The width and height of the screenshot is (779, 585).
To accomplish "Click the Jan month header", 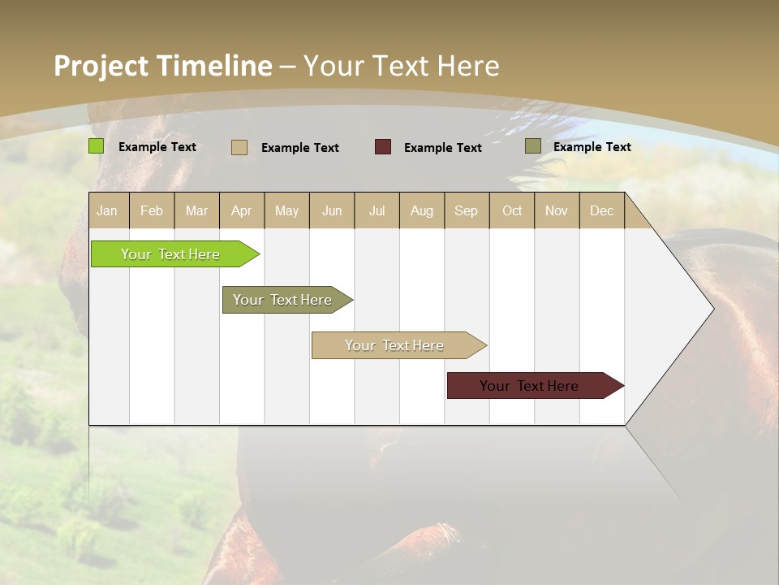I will (x=107, y=210).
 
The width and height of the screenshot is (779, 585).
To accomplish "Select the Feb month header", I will (x=152, y=210).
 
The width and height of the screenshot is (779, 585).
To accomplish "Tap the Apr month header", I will (x=241, y=210).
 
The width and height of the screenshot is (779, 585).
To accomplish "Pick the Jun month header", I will (x=332, y=210).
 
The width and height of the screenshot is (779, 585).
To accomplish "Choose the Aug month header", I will (x=421, y=210).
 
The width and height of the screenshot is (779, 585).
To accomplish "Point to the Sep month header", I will (x=466, y=210).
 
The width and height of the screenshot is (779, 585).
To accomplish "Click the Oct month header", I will (x=512, y=210).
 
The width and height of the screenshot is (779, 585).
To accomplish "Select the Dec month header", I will (x=601, y=210).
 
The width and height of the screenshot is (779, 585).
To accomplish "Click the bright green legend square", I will (x=96, y=146).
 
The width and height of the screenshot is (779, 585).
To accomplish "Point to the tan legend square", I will (x=239, y=147).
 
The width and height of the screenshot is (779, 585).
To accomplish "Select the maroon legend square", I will (x=383, y=147).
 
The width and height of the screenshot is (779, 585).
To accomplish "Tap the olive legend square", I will (x=533, y=146).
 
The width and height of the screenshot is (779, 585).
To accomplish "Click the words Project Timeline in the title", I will (x=163, y=66).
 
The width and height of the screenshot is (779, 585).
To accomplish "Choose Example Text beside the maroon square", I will (x=442, y=148).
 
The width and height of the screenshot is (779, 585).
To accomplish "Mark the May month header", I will (x=286, y=210).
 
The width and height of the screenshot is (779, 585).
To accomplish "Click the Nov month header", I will (x=556, y=210).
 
